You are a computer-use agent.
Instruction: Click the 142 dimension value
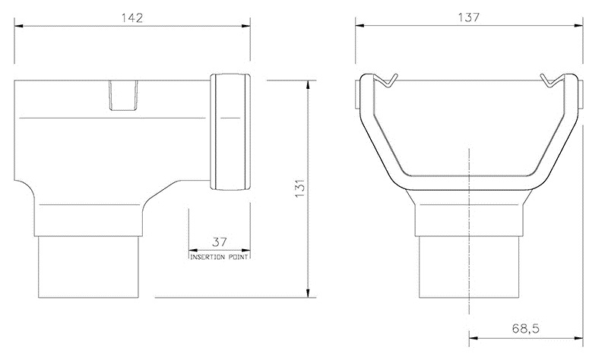click(135, 17)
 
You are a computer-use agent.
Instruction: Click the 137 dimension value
click(469, 17)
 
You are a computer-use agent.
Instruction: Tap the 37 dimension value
click(220, 242)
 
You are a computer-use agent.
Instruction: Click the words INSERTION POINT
click(220, 257)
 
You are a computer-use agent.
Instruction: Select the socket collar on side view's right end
click(231, 132)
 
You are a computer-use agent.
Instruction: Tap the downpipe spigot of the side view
click(90, 266)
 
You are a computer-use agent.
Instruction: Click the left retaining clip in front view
click(388, 80)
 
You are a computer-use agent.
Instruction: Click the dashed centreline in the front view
click(470, 228)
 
